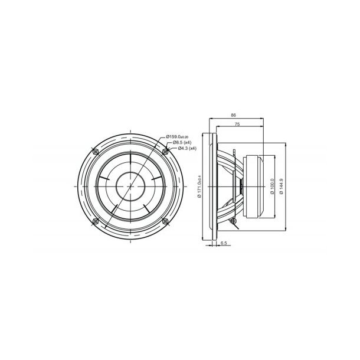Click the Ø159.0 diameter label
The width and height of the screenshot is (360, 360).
(x=179, y=137)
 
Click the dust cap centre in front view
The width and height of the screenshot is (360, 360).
(x=130, y=185)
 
